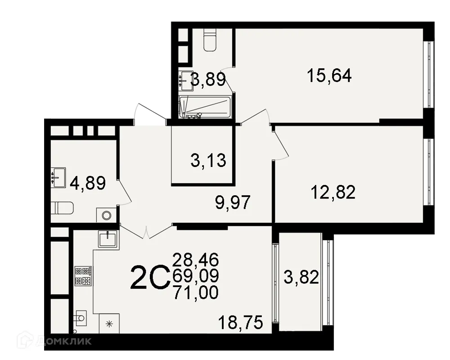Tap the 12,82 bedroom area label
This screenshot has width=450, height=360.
(x=333, y=193)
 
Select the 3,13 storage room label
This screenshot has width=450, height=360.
(x=208, y=160)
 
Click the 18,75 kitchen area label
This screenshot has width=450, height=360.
(x=240, y=322)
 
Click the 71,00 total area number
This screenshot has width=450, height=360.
(x=196, y=292)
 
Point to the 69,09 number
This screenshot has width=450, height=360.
(x=196, y=276)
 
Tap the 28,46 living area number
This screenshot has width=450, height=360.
(x=196, y=260)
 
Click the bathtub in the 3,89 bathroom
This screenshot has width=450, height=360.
(x=205, y=107)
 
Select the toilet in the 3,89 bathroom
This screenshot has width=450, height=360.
(x=210, y=40)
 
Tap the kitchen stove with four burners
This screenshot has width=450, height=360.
(x=83, y=275)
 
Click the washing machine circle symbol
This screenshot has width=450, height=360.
(x=106, y=215)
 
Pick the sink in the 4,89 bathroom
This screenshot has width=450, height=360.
(x=58, y=177)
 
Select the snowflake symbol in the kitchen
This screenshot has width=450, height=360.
(x=108, y=323)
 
